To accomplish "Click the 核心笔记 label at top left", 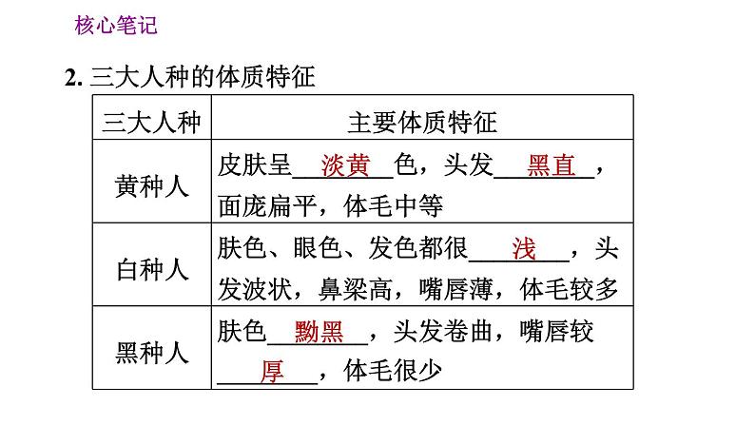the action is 115,26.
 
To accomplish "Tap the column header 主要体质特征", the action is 423,122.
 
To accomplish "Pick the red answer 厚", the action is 272,372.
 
